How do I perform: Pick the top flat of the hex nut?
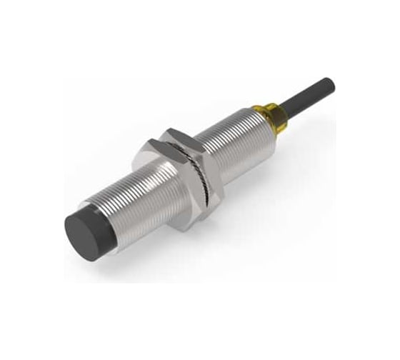click(x=179, y=135)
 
